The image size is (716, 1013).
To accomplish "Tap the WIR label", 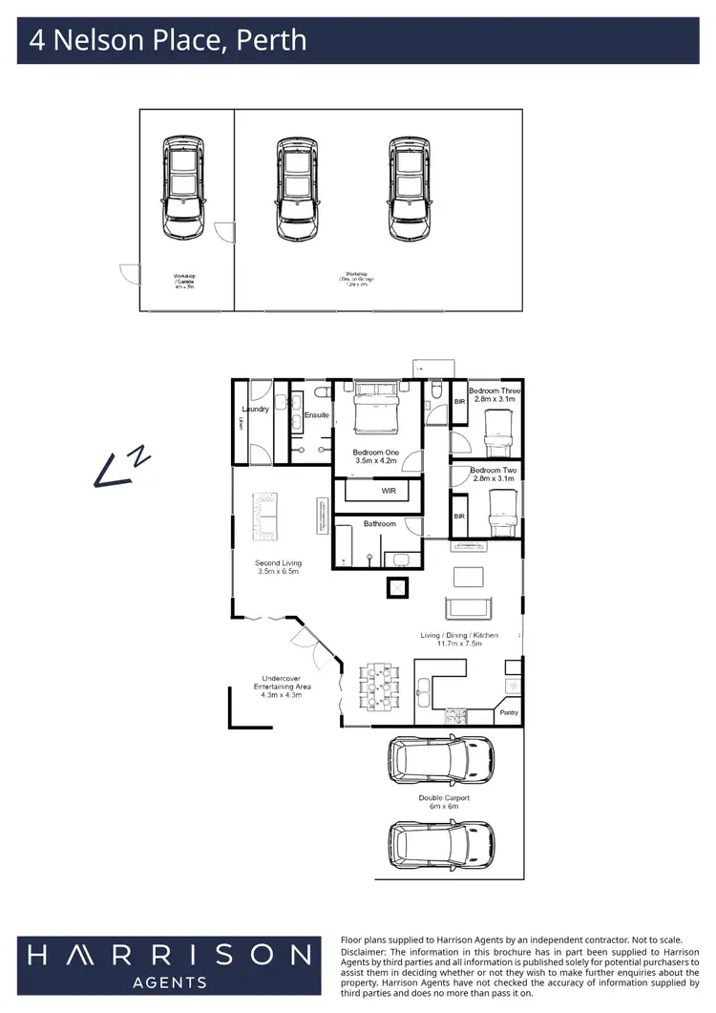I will point(389,491).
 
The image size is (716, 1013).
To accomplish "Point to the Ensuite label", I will point(317,415).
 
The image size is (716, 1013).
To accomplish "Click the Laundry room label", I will point(256,409).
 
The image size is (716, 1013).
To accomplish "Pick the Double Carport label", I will point(444,797).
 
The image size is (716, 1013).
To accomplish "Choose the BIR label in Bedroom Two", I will point(459,517).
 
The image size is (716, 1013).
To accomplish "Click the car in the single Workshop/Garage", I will point(183,187).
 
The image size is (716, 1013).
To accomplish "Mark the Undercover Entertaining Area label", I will point(278,686).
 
